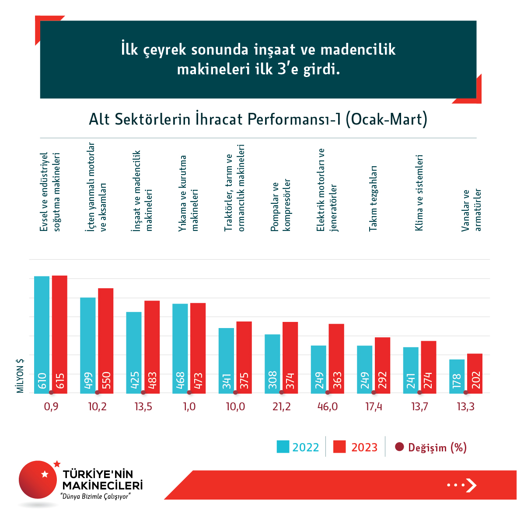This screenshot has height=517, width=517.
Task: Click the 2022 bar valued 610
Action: [42, 335]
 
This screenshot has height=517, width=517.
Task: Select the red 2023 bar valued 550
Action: [106, 341]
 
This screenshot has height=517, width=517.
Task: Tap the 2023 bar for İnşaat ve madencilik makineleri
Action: [152, 347]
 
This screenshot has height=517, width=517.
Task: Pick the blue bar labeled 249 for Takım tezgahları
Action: [365, 369]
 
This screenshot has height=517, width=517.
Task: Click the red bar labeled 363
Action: [336, 359]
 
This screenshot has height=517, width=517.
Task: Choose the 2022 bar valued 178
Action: [457, 376]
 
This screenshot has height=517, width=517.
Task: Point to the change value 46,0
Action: [328, 407]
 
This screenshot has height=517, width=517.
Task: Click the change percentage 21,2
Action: [281, 407]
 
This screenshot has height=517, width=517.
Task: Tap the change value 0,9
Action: [51, 407]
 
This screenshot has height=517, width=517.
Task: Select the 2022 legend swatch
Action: [283, 447]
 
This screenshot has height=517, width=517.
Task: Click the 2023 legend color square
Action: [339, 447]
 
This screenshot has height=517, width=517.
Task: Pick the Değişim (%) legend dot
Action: [399, 447]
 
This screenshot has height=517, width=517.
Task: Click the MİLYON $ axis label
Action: [20, 376]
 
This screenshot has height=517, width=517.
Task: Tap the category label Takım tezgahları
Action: [373, 198]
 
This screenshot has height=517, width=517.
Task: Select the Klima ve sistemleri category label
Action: [419, 192]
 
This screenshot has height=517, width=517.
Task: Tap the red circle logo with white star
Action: [38, 479]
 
